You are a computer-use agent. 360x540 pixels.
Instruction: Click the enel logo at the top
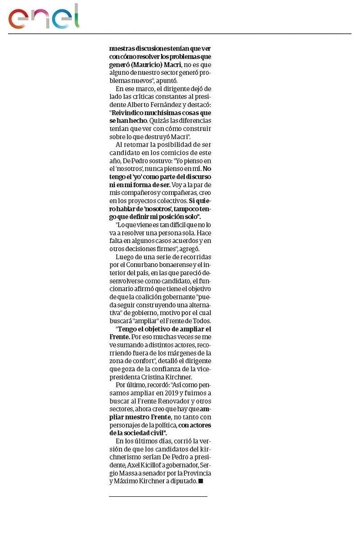coord(44,17)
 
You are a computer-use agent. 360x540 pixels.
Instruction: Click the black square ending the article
coord(201,481)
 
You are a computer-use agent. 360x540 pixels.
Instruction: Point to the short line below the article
coord(158,496)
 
